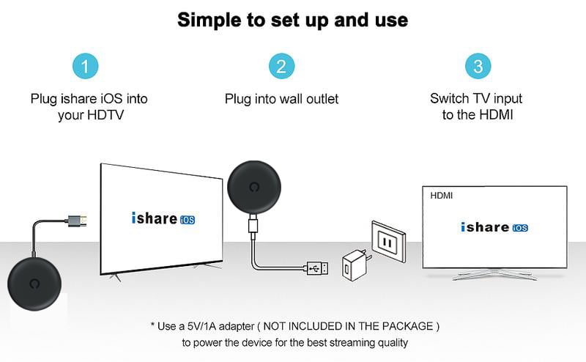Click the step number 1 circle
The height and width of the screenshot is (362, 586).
[x=86, y=67]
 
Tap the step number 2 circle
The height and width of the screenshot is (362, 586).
[x=281, y=67]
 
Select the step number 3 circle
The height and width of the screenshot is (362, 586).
[x=478, y=67]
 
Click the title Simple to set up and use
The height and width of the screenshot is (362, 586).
[x=292, y=20]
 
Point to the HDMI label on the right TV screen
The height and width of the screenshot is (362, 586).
[x=442, y=196]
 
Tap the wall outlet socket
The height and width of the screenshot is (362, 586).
[x=388, y=241]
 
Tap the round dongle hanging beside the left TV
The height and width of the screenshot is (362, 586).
[x=253, y=188]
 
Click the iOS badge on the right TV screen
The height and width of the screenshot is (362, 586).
[x=520, y=227]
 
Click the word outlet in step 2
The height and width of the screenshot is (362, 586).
[x=320, y=98]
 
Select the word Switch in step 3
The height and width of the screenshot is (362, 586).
[x=448, y=98]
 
